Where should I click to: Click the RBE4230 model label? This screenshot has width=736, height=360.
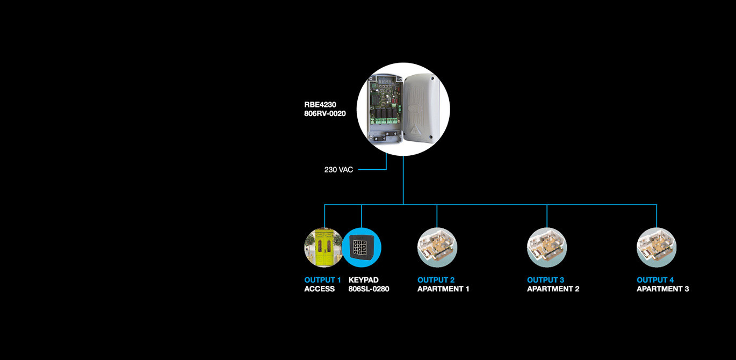(320, 105)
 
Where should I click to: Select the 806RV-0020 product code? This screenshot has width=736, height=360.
(325, 113)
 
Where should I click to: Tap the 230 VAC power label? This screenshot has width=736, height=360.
(338, 170)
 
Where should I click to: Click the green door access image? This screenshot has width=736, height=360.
(323, 247)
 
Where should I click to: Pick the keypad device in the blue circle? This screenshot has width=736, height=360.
(362, 247)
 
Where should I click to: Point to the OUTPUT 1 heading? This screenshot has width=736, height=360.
(322, 280)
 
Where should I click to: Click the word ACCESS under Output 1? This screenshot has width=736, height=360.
(319, 289)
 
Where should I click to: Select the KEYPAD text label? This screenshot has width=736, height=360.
(363, 280)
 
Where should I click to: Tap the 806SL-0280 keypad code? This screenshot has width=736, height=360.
(369, 289)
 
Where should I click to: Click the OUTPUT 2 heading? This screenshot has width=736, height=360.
(436, 280)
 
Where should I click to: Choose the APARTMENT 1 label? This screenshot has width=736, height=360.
(443, 289)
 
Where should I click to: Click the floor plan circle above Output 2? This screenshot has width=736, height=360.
(437, 247)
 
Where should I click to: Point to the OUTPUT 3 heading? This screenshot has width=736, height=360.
(545, 280)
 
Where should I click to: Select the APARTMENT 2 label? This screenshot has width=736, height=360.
(553, 289)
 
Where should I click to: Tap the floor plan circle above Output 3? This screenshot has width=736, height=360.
(547, 247)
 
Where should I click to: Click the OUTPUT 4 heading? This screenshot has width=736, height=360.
(655, 280)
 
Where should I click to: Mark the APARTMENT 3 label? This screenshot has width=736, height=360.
(663, 289)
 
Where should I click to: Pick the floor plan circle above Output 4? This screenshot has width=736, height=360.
(656, 247)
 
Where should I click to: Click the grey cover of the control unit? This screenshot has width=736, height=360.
(421, 109)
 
